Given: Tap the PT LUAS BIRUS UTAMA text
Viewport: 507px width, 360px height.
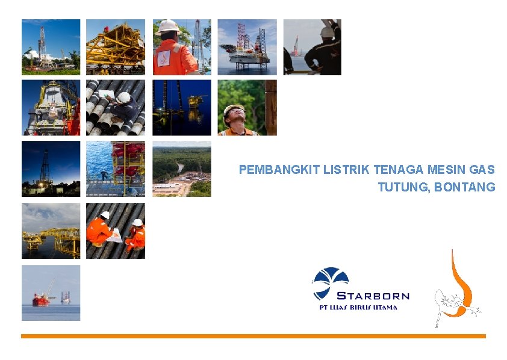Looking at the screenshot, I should (358, 307).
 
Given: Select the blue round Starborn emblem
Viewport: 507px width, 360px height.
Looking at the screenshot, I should (330, 282).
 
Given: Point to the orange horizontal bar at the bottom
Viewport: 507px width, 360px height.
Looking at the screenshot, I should (253, 336).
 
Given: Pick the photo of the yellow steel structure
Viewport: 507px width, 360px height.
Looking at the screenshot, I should (116, 47).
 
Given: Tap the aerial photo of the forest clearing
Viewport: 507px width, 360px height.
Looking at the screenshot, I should (181, 169).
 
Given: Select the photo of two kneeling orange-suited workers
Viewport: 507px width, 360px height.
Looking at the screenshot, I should (116, 231).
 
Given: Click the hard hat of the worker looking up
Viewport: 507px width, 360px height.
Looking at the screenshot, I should (233, 109).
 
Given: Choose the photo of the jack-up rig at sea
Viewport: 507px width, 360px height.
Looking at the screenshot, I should (247, 47).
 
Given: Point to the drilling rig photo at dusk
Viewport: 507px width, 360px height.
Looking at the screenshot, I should (51, 169).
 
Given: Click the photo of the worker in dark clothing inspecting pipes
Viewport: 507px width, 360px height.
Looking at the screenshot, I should (116, 108).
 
